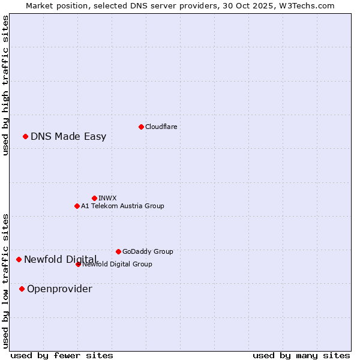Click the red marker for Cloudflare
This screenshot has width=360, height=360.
pyautogui.click(x=141, y=127)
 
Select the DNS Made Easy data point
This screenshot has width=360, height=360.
pyautogui.click(x=26, y=136)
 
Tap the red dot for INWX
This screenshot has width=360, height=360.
pyautogui.click(x=94, y=198)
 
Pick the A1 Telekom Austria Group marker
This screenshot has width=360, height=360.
pyautogui.click(x=77, y=206)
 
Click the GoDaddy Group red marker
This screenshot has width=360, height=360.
pyautogui.click(x=118, y=251)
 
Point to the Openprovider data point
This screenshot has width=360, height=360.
pyautogui.click(x=22, y=289)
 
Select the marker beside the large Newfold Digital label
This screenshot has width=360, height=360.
pyautogui.click(x=19, y=259)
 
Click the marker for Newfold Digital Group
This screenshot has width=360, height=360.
pyautogui.click(x=78, y=264)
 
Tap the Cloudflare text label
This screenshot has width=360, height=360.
pyautogui.click(x=161, y=127)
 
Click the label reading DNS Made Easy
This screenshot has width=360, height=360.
pyautogui.click(x=68, y=136)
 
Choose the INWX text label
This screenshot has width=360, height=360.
pyautogui.click(x=107, y=198)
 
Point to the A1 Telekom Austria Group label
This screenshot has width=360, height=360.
pyautogui.click(x=122, y=206)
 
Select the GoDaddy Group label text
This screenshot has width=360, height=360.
pyautogui.click(x=148, y=251)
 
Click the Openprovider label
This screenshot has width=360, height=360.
pyautogui.click(x=59, y=289)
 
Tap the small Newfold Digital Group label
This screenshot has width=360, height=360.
pyautogui.click(x=117, y=264)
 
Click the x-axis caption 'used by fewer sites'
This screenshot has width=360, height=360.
pyautogui.click(x=62, y=355)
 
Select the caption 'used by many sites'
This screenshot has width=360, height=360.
pyautogui.click(x=301, y=355)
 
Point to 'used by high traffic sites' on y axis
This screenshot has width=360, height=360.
pyautogui.click(x=5, y=85)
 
